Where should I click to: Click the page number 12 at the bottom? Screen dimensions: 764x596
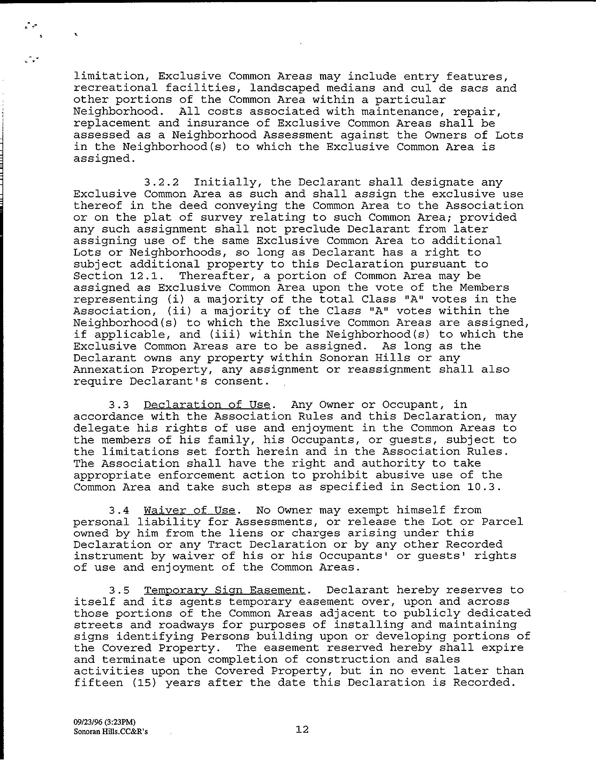click(302, 730)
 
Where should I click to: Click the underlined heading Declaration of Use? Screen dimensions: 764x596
click(207, 405)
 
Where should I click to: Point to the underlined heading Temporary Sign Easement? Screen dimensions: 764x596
click(225, 590)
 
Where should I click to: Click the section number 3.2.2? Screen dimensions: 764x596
click(161, 183)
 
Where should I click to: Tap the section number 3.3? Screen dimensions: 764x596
click(119, 405)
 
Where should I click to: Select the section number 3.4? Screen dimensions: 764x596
click(119, 510)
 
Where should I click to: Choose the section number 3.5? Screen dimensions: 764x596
click(119, 590)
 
